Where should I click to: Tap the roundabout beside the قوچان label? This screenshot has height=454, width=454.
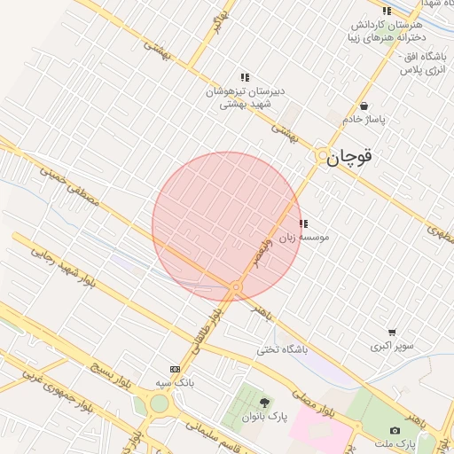click(x=322, y=156)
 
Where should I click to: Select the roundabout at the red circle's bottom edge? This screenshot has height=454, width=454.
click(x=236, y=287)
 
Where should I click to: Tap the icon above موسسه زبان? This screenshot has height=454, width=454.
click(x=303, y=224)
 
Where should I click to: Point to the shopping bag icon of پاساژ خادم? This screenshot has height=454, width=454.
click(x=364, y=106)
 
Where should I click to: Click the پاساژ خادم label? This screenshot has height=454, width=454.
click(x=364, y=119)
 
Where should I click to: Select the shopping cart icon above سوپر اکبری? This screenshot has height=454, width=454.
click(x=392, y=333)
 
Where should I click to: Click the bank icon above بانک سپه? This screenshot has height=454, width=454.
click(x=175, y=369)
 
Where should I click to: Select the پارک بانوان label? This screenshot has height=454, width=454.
click(x=263, y=417)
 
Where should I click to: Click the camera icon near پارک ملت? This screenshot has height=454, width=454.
click(x=395, y=430)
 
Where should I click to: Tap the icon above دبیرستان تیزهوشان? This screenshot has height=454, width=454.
click(x=245, y=78)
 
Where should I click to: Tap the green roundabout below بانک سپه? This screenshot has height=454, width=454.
click(x=159, y=404)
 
